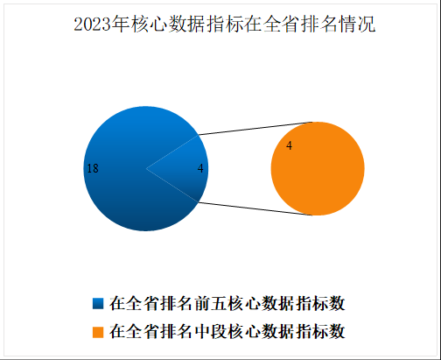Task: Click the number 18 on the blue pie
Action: [x=93, y=168]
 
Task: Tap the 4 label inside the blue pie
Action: [x=200, y=168]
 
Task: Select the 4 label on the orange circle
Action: [x=289, y=145]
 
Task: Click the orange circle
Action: [x=318, y=169]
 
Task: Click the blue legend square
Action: [x=98, y=304]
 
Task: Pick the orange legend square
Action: [x=98, y=332]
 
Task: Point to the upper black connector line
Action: [x=255, y=129]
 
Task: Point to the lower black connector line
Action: [x=255, y=208]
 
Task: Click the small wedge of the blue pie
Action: [x=186, y=168]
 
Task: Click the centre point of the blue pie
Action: [x=146, y=168]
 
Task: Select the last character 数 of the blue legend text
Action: [x=337, y=304]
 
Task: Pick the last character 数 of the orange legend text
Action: [x=337, y=332]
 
